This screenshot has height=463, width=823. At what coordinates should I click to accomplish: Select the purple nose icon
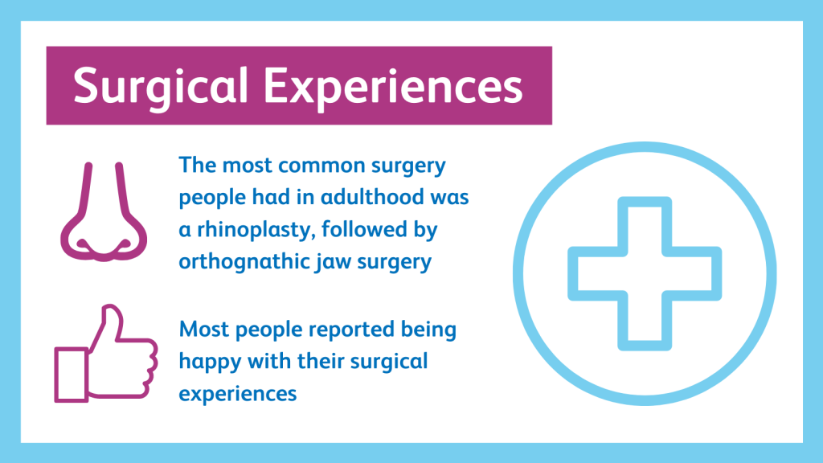tap(104, 212)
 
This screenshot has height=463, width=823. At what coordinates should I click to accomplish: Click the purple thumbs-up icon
tap(106, 354)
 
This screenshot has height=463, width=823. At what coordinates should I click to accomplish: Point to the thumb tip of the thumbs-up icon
tap(111, 308)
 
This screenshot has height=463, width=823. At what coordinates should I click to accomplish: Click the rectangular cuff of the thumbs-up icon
tap(72, 375)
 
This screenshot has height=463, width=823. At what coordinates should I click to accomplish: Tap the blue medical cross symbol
tap(645, 273)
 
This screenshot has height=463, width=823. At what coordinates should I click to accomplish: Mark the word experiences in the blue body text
tap(238, 395)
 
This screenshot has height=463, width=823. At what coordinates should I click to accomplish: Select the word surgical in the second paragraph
tap(389, 363)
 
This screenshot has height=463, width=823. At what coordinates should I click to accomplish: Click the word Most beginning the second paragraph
tap(204, 330)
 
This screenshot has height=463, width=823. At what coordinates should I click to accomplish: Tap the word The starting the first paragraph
tap(198, 166)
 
